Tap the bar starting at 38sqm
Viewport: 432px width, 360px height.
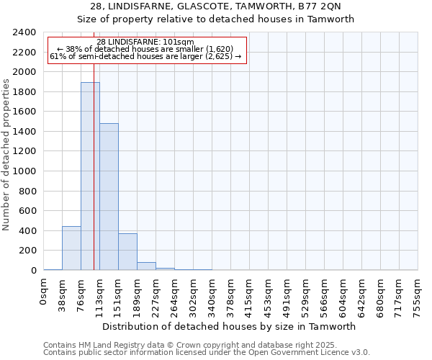coord(71,248)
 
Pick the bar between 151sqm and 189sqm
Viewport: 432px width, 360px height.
coord(127,252)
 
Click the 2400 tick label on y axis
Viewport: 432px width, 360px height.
coord(24,32)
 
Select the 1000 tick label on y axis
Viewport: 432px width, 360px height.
coord(24,171)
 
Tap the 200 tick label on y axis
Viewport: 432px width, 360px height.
coord(27,251)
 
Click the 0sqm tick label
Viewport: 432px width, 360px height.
coord(44,291)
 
